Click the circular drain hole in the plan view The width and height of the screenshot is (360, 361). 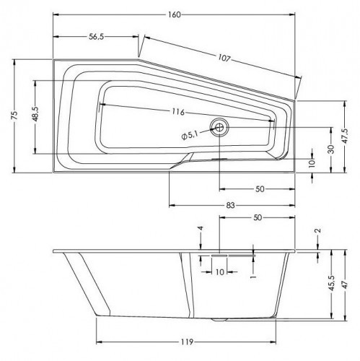(x=219, y=128)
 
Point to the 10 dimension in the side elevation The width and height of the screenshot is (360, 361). (x=219, y=271)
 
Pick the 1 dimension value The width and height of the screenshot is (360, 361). (x=252, y=275)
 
